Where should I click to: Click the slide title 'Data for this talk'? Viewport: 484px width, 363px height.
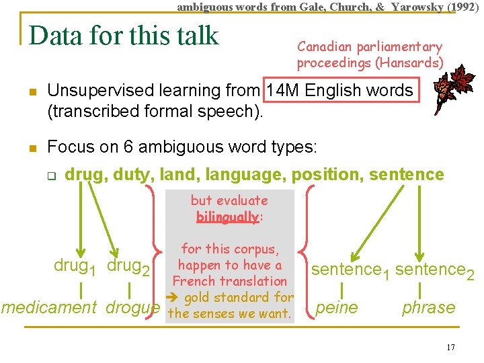point(124,36)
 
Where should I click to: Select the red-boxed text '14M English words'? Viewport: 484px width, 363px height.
point(339,91)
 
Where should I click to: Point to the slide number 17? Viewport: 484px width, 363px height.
point(450,348)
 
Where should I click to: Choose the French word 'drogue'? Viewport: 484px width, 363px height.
point(133,308)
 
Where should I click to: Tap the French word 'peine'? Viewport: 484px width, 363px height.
point(337,308)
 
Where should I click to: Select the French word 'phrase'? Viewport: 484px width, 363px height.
point(428,308)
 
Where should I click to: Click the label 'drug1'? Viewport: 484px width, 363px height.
point(75,267)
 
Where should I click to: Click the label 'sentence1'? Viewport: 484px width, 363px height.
point(350,271)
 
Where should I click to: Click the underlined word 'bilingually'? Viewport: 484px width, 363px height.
point(227,216)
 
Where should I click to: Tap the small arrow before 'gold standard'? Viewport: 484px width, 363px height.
point(177,297)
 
